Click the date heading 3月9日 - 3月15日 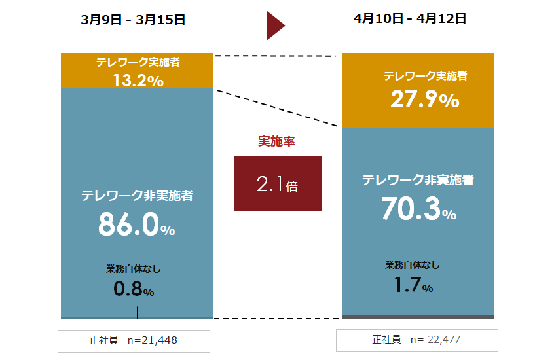(134, 20)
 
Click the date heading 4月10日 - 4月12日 (411, 18)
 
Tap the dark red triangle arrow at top (275, 26)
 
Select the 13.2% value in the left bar (138, 81)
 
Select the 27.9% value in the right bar (425, 99)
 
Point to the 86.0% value (137, 225)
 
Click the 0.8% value (134, 289)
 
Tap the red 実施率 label (277, 141)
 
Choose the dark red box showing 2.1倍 (278, 184)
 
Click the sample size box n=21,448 (134, 340)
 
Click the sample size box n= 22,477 (416, 340)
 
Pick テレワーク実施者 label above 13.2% (138, 63)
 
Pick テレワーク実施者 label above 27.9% (425, 76)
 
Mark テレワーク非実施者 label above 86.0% (137, 195)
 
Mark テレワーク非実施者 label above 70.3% (418, 180)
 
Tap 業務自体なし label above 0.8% (134, 269)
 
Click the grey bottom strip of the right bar (418, 317)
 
